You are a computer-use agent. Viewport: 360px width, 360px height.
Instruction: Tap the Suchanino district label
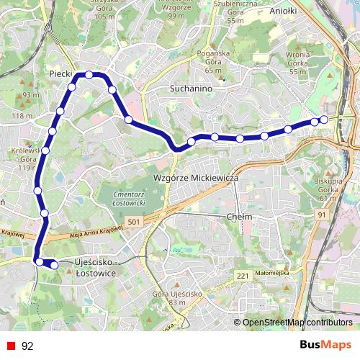click(190, 89)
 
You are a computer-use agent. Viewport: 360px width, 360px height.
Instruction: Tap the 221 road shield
click(242, 276)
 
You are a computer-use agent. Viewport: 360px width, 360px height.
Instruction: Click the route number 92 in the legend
click(28, 346)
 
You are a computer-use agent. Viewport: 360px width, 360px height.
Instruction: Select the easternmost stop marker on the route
click(324, 119)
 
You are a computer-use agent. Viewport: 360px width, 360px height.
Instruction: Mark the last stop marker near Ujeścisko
click(54, 265)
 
